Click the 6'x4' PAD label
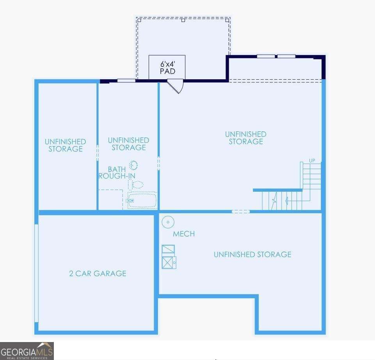(167, 68)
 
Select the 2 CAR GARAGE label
(98, 273)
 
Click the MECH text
(184, 234)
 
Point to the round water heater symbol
(168, 222)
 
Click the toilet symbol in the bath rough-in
(136, 184)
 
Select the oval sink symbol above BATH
(133, 165)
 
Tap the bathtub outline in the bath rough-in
(142, 200)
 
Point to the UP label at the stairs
(312, 160)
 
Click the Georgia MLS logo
(27, 351)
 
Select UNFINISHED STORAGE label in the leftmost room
(65, 145)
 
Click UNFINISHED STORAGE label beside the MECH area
(252, 255)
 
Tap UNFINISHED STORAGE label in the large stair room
(245, 138)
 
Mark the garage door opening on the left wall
(36, 273)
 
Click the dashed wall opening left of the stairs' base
(240, 212)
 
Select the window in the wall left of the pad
(126, 81)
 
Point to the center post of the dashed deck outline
(183, 20)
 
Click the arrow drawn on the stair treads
(287, 201)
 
